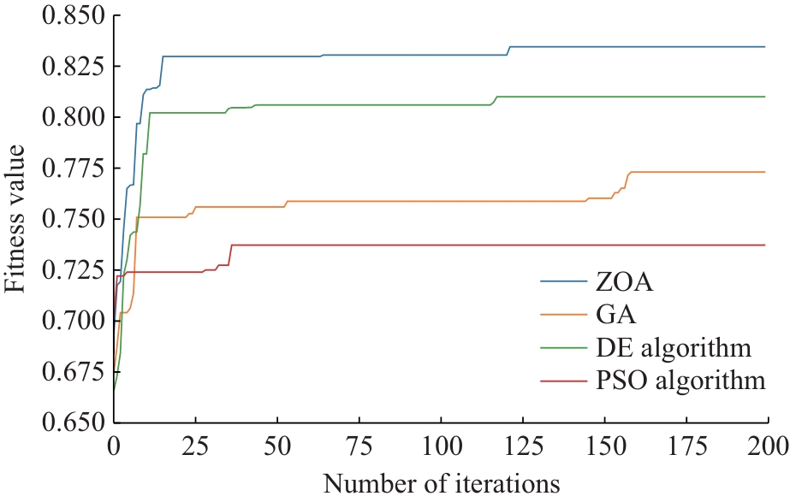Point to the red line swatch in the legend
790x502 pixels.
(561, 381)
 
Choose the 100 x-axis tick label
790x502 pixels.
(440, 446)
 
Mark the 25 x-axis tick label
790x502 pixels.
(195, 446)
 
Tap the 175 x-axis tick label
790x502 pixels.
(686, 446)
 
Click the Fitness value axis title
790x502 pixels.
(18, 220)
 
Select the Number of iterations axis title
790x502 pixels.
(441, 483)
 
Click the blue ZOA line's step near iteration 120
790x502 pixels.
(508, 50)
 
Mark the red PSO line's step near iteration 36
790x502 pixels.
(230, 254)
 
